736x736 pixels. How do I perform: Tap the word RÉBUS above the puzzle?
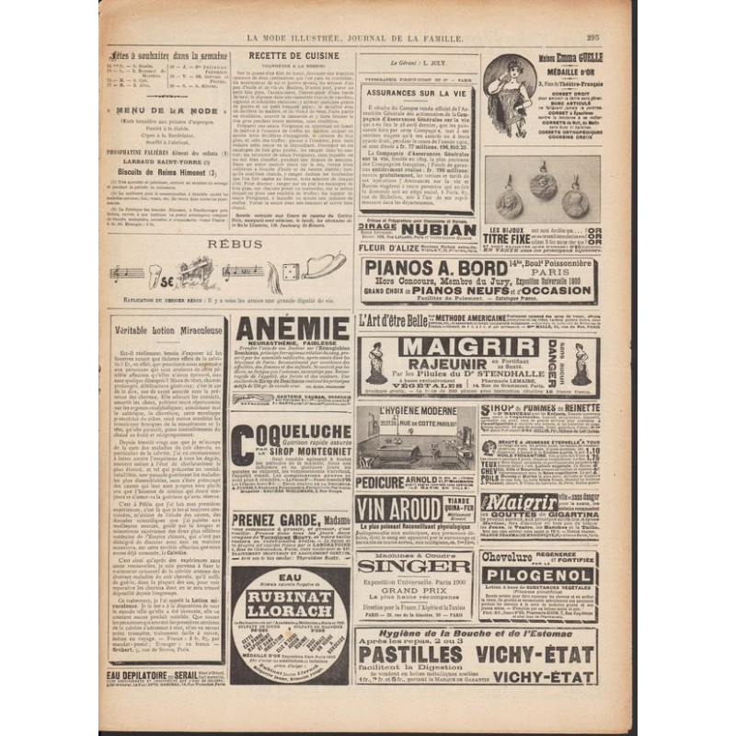pyautogui.click(x=224, y=243)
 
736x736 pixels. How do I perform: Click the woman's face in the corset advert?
pyautogui.click(x=502, y=70)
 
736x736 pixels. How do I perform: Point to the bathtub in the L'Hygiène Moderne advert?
pyautogui.click(x=386, y=451)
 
